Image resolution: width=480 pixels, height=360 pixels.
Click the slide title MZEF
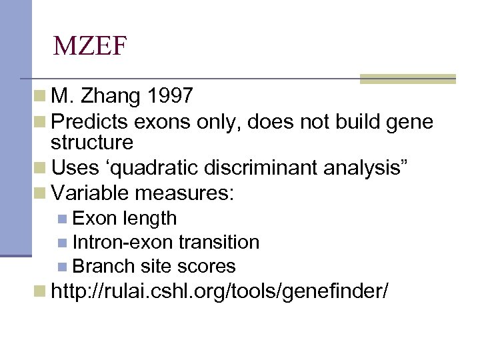[90, 46]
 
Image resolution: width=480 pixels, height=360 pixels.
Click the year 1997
[171, 97]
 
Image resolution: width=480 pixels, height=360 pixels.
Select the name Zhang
[111, 97]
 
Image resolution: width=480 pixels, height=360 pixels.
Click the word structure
[92, 142]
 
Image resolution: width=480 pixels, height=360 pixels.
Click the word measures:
[185, 193]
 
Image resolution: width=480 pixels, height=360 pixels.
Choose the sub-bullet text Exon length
[125, 218]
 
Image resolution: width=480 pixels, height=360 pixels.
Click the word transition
[218, 242]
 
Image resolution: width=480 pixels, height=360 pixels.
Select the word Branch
[104, 266]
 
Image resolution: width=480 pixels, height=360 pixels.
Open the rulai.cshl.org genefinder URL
[219, 291]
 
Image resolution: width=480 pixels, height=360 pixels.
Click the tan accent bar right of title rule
[407, 79]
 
